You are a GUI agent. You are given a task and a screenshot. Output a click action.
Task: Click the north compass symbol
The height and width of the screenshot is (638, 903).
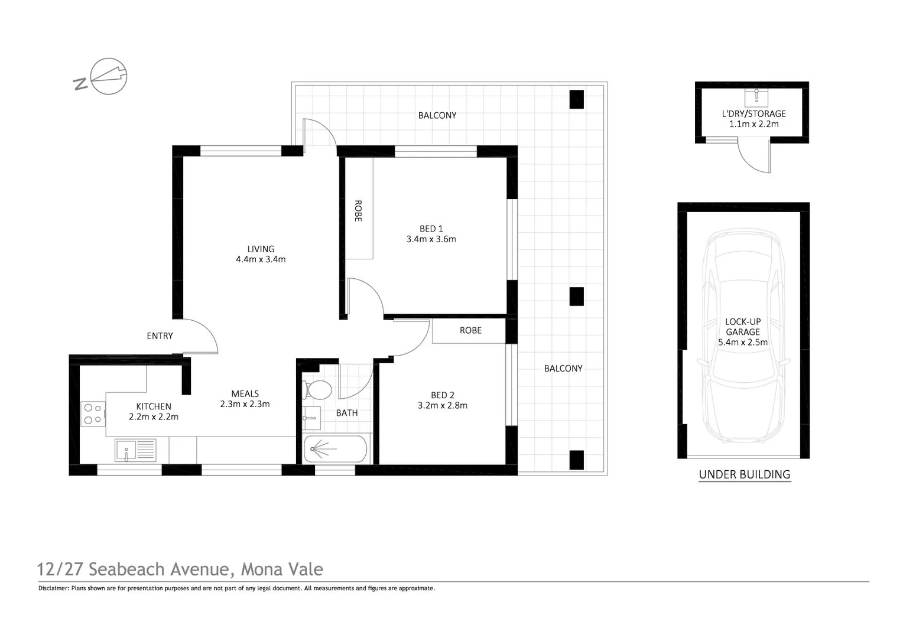coord(109,76)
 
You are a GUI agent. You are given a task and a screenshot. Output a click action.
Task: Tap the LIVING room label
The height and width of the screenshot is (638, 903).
coord(261,249)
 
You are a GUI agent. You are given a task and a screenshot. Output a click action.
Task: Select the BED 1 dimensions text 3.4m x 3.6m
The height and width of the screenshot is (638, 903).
coord(431,239)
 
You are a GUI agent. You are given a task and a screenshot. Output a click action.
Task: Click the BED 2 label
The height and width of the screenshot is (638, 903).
coord(443,395)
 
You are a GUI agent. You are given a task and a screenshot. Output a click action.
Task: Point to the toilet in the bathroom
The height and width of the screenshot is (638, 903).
coord(318,390)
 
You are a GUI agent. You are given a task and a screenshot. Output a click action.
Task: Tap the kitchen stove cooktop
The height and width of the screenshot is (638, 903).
coord(92,414)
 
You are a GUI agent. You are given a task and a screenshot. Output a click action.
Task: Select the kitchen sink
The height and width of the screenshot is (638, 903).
coord(135,451)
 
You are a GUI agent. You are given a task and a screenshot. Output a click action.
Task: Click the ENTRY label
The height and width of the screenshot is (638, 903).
coord(160,336)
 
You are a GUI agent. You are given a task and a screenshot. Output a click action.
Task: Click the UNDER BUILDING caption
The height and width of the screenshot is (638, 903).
coord(744,474)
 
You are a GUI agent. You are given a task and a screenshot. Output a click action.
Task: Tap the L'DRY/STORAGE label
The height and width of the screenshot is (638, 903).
coord(753,113)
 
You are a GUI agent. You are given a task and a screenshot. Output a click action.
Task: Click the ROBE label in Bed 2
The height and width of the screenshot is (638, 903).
coord(470,330)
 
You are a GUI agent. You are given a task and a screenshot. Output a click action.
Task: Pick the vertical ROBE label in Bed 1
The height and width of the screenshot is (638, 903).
coord(358,211)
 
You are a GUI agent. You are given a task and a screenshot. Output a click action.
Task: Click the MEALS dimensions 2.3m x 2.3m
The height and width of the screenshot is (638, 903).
coord(245,404)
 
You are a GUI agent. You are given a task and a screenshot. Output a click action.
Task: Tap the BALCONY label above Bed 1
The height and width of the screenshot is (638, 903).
coord(437,115)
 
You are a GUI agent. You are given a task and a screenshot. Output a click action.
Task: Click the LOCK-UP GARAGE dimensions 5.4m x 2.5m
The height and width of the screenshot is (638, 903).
coord(743,342)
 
